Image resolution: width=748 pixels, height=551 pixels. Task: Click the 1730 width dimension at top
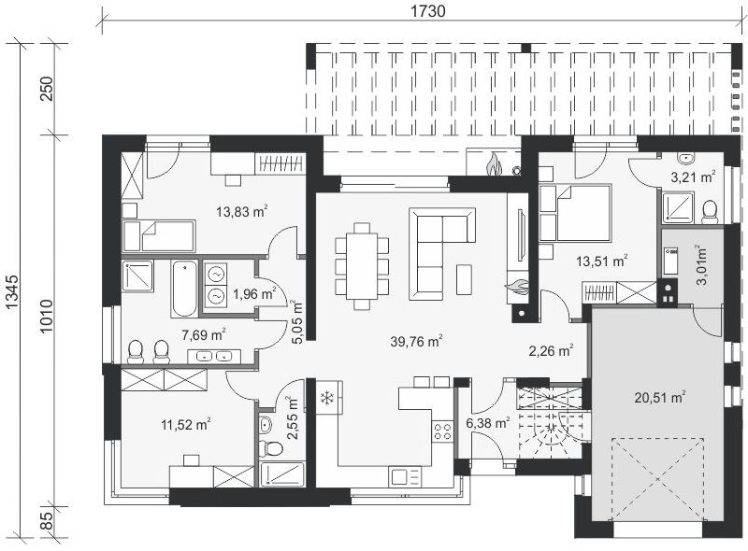click(x=428, y=11)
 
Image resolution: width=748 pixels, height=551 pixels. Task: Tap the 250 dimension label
click(x=47, y=88)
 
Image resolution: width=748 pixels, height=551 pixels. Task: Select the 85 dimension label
click(x=47, y=520)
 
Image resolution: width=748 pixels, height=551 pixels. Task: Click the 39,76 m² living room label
click(x=416, y=341)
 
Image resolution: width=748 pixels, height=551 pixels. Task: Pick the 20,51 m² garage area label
click(x=660, y=397)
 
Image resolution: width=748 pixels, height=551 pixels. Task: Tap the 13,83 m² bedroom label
click(x=241, y=211)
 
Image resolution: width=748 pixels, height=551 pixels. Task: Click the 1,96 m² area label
click(x=253, y=293)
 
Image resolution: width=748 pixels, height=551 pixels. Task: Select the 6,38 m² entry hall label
click(x=487, y=422)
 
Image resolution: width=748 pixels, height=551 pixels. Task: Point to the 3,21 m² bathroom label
click(x=693, y=177)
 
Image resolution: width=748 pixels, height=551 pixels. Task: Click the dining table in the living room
click(x=362, y=265)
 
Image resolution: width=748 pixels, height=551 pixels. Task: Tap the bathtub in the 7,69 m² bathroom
click(x=183, y=289)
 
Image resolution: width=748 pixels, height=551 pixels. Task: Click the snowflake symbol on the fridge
click(x=326, y=398)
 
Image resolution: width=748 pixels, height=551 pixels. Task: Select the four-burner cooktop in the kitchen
click(x=442, y=431)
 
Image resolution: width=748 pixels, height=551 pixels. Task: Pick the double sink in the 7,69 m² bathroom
click(x=214, y=356)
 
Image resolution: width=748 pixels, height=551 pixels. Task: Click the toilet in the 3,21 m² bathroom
click(x=710, y=212)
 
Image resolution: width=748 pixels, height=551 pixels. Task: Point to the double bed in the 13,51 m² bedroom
click(x=576, y=213)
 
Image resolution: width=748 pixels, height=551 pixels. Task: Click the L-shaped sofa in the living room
click(x=441, y=254)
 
